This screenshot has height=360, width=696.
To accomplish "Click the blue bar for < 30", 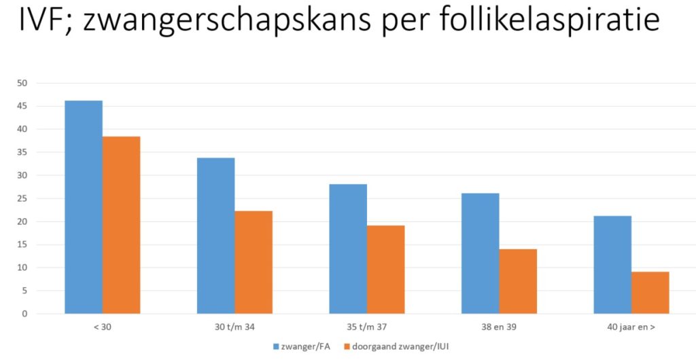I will point(84,207).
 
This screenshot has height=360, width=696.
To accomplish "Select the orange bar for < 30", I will point(122,225).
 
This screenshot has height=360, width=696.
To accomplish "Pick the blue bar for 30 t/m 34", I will point(216,236).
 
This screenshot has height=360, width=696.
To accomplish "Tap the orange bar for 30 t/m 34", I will point(254,262).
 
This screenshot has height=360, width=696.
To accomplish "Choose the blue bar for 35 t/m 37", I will point(348,249).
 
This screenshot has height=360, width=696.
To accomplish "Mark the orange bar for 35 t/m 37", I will point(386,270).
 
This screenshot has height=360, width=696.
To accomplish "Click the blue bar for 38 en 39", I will point(481,253).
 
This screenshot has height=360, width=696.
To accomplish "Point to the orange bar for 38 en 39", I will point(518,281).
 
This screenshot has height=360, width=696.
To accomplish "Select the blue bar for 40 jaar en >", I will point(612,265).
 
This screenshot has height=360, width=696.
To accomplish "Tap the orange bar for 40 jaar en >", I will point(650,293).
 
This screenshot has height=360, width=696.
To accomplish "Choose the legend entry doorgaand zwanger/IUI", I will point(397,348).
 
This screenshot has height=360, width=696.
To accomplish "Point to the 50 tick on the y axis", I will point(22,84).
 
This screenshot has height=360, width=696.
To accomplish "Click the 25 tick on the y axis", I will point(22,199).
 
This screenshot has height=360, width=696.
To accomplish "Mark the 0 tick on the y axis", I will point(24,314).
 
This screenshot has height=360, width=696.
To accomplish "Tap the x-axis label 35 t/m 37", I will point(366,327).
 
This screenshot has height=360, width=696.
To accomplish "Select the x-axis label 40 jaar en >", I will point(631,327).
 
